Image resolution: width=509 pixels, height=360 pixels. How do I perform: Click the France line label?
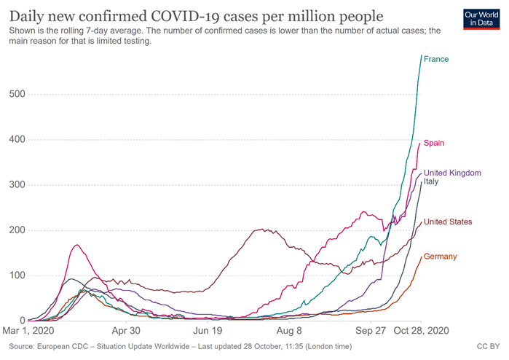click(436, 59)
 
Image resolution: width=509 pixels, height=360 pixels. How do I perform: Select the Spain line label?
click(435, 143)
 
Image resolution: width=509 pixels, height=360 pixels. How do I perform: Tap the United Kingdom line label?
click(452, 173)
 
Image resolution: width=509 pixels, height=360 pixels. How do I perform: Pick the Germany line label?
click(441, 257)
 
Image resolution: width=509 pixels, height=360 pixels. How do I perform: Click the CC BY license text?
click(487, 346)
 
